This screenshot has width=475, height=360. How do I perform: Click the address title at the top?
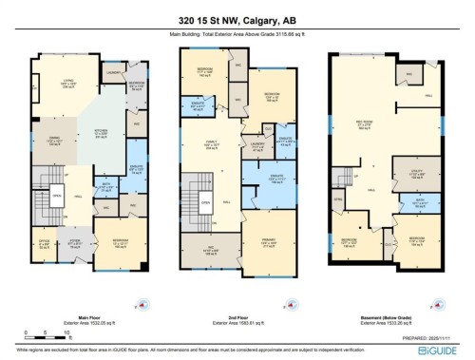[237, 19]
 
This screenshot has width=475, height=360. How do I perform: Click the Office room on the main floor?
[43, 243]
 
